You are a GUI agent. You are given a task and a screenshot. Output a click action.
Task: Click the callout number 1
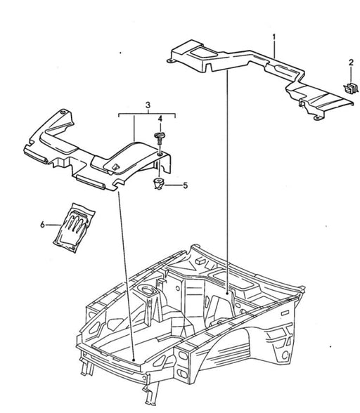pyautogui.click(x=274, y=37)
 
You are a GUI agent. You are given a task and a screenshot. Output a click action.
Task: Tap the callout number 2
pyautogui.click(x=351, y=63)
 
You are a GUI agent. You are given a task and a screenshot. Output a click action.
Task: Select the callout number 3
pyautogui.click(x=148, y=105)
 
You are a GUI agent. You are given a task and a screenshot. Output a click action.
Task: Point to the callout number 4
pyautogui.click(x=160, y=119)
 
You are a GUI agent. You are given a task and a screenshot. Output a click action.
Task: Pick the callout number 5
pyautogui.click(x=186, y=185)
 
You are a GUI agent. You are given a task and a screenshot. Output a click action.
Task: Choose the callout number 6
pyautogui.click(x=42, y=225)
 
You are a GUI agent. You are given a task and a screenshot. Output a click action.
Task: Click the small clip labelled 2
pyautogui.click(x=351, y=87)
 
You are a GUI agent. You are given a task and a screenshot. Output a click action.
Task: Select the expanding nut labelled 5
pyautogui.click(x=159, y=183)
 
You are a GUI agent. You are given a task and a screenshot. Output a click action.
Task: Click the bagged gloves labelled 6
pyautogui.click(x=74, y=228)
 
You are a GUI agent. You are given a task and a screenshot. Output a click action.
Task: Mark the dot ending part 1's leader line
pyautogui.click(x=227, y=293)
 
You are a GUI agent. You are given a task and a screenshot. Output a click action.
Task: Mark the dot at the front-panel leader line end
pyautogui.click(x=134, y=360)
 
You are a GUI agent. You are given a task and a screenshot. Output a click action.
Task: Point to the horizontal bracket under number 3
pyautogui.click(x=147, y=114)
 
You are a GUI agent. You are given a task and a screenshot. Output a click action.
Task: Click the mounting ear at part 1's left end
pyautogui.click(x=170, y=61)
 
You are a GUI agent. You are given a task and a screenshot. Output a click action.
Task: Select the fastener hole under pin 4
pyautogui.click(x=160, y=155)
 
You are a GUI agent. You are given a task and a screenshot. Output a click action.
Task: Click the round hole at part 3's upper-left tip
pyautogui.click(x=63, y=112)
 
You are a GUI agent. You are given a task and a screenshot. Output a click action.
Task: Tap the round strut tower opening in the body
pyautogui.click(x=146, y=290)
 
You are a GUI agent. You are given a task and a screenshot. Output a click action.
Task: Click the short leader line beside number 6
pyautogui.click(x=53, y=225)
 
